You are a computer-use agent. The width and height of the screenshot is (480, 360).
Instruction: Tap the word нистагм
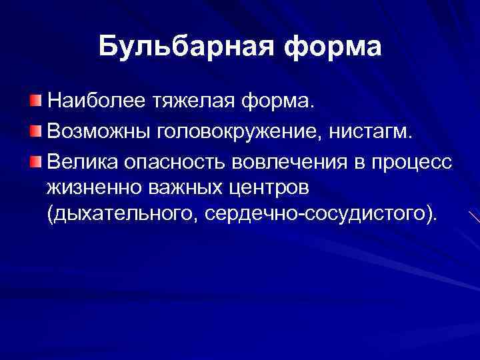pos(383,131)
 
